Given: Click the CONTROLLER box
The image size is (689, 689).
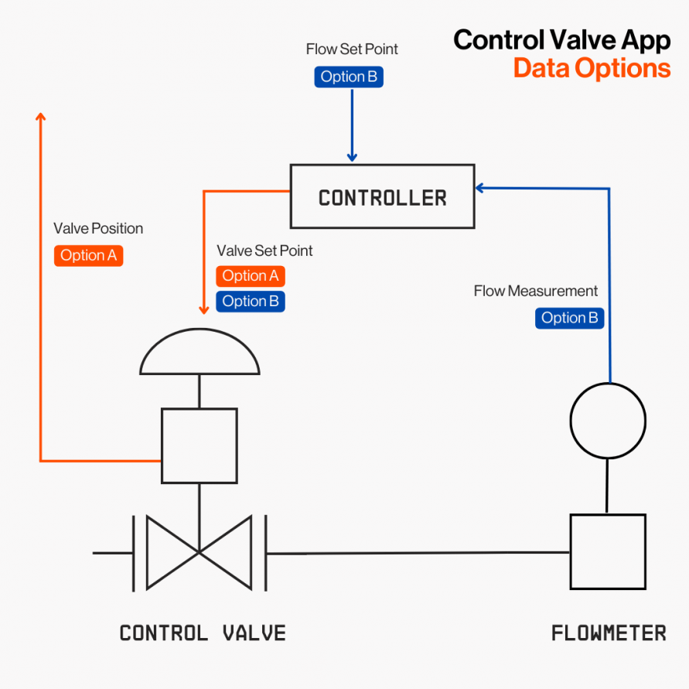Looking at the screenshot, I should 382,196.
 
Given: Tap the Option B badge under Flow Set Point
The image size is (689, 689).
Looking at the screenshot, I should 349,77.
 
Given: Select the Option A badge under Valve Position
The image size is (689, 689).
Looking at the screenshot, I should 88,255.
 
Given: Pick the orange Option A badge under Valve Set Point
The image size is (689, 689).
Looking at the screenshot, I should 251,276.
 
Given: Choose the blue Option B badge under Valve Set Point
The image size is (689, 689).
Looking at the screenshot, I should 251,301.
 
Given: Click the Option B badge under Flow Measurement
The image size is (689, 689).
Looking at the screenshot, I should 569,318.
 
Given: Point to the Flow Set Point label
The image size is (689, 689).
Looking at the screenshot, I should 352,49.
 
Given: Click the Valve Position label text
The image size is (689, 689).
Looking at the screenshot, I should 98,229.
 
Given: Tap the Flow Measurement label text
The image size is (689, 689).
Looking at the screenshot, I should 536,292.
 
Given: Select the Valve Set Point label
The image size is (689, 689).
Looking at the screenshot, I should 264,251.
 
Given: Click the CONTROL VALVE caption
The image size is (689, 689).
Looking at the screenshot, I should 203,633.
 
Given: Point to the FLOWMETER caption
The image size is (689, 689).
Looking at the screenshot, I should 609,633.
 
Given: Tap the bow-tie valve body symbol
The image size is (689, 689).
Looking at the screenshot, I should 200,552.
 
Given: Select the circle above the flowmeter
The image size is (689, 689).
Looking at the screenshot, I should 608,421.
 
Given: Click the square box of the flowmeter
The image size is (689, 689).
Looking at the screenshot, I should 608,552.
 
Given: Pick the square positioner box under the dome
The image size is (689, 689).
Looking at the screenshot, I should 200,445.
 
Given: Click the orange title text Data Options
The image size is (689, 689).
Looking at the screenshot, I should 592,68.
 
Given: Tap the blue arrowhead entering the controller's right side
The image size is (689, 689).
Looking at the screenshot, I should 480,187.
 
